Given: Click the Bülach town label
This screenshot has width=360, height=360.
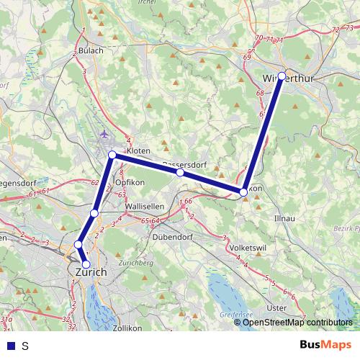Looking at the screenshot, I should [x=91, y=50].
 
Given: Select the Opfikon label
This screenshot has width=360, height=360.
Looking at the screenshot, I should [x=130, y=183].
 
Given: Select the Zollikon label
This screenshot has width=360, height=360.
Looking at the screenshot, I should [x=127, y=328].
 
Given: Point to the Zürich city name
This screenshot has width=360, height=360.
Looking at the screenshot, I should [x=91, y=272].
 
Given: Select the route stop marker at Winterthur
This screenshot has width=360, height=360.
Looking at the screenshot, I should [x=282, y=76].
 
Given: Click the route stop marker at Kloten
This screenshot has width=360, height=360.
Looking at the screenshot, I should [x=112, y=156].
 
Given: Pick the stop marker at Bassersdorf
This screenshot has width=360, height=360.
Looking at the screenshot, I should [x=179, y=173].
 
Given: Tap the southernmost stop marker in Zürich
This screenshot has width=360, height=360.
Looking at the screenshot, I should [x=86, y=264].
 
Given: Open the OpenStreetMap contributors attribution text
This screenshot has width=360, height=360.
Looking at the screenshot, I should [x=297, y=322].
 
